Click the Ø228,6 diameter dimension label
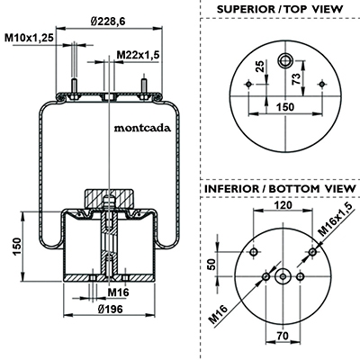(x=107, y=22)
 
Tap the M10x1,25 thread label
(x=29, y=38)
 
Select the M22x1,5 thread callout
(x=138, y=55)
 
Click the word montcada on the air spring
(x=142, y=128)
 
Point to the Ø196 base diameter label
(x=111, y=309)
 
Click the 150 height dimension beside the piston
(x=17, y=247)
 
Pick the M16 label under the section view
(x=118, y=292)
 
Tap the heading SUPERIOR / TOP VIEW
(x=280, y=9)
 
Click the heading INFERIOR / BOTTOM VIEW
(x=280, y=189)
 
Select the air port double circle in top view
(x=285, y=61)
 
